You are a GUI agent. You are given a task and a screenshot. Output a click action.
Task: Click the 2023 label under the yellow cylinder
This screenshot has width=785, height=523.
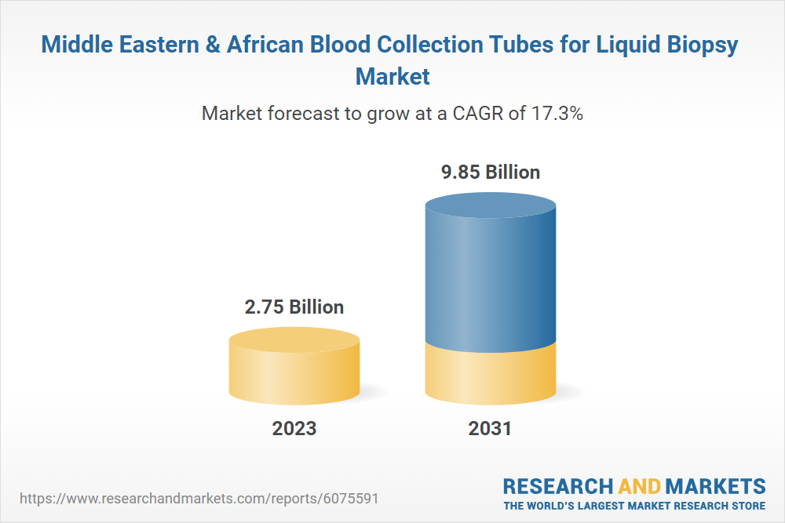(x=294, y=428)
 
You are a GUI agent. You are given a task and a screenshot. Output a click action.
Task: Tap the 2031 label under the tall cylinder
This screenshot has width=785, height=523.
(x=490, y=428)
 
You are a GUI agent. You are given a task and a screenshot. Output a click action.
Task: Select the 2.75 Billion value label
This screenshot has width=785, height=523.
(x=294, y=307)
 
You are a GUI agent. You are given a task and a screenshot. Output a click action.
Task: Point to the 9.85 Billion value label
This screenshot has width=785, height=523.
(x=491, y=172)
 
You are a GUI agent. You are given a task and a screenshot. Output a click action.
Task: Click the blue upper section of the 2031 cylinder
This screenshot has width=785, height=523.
(x=491, y=274)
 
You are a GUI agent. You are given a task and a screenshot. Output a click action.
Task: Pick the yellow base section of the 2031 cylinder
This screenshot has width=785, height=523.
(x=491, y=376)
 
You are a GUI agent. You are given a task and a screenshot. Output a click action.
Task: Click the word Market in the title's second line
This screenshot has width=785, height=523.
(x=392, y=76)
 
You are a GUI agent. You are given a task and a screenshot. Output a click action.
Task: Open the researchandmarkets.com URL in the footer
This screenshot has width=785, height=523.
(x=203, y=498)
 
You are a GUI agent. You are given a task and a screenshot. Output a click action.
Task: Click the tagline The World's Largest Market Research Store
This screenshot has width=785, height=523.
(x=634, y=505)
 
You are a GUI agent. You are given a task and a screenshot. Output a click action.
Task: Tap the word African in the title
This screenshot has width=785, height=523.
(x=267, y=45)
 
